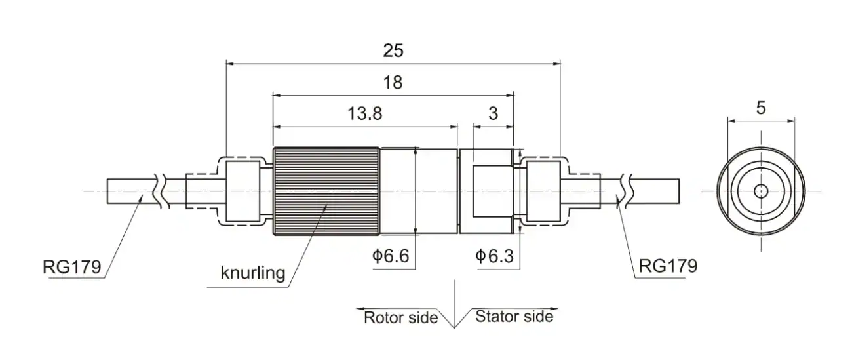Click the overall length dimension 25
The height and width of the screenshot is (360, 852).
tap(393, 50)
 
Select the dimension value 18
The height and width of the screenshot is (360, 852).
tap(393, 83)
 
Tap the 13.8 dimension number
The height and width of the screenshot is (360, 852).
tap(365, 113)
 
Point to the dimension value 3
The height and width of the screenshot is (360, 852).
tap(493, 113)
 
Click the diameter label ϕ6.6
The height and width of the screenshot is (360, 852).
tap(391, 255)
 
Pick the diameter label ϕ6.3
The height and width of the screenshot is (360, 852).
tap(494, 256)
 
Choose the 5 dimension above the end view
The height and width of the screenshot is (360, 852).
tap(761, 108)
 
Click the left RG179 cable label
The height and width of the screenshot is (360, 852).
tap(72, 267)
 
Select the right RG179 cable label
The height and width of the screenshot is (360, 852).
tap(668, 266)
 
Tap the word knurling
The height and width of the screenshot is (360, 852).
tap(253, 273)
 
